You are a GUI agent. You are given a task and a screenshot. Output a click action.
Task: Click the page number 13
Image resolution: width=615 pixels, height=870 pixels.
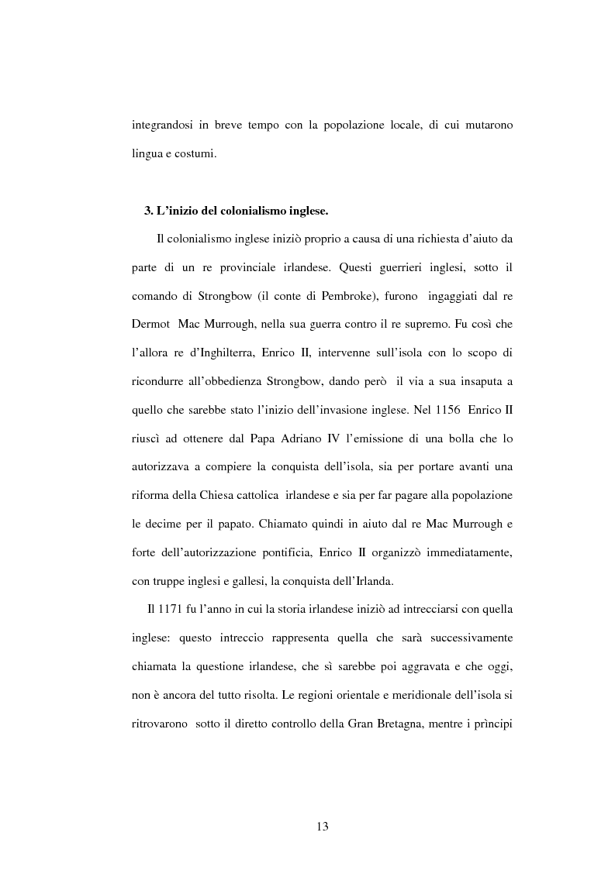coord(323,827)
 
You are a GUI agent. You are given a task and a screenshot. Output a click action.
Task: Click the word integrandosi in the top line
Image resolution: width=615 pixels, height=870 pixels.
coord(164,126)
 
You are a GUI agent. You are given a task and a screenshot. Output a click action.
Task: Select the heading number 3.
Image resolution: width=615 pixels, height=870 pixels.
coord(149,211)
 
